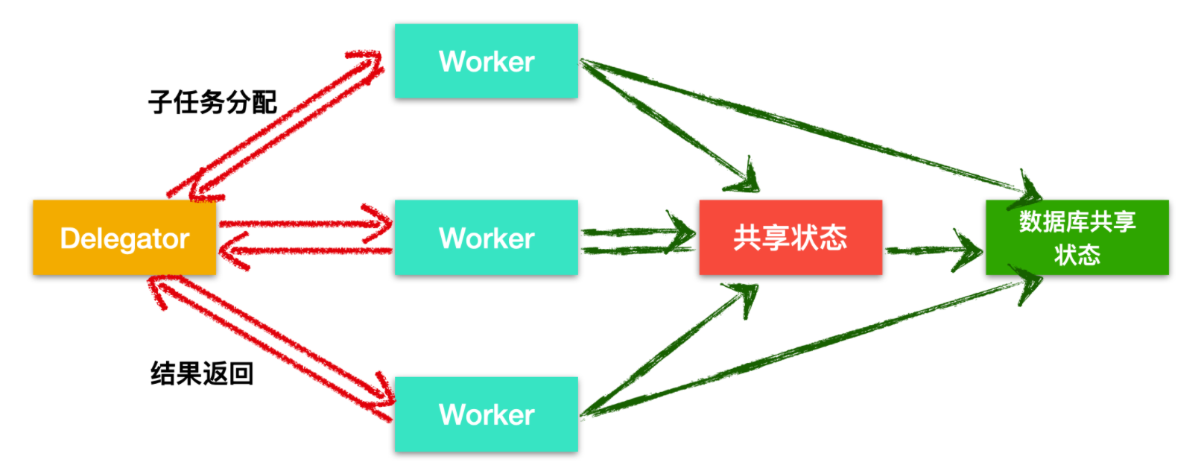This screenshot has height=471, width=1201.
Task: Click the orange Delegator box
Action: point(124,238)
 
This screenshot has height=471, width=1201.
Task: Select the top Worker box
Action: point(486,61)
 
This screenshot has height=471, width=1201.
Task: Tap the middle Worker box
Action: point(486,238)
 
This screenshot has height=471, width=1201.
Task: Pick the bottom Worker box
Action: point(486,414)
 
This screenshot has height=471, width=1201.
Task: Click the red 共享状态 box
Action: point(790,238)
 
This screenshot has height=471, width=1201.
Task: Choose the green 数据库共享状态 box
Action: point(1077,238)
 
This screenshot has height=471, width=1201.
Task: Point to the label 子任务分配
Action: point(212,102)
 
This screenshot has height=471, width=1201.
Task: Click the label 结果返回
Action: point(202,373)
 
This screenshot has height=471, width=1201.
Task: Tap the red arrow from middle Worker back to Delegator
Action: point(305,251)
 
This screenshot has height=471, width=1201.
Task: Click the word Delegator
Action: point(124,238)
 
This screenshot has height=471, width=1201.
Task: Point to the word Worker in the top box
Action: point(487,62)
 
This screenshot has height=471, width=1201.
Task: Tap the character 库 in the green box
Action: point(1077,221)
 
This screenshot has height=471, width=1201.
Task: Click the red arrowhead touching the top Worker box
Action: point(369,63)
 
